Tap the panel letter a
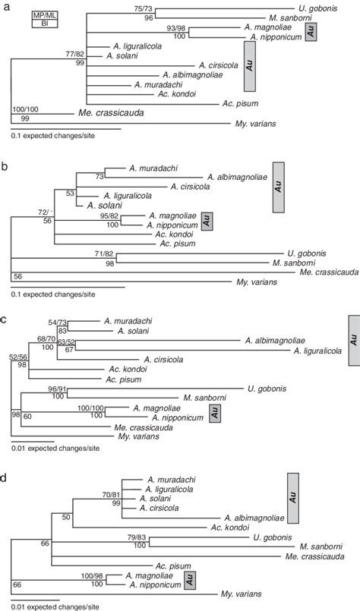tap(5, 5)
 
